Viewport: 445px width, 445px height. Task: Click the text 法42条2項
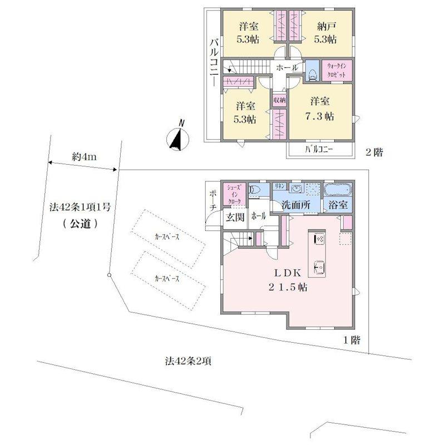coord(188,361)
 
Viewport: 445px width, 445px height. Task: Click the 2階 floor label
coord(374,151)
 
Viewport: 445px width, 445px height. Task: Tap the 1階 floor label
coord(349,339)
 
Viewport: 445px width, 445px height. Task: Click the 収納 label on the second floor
coord(279,100)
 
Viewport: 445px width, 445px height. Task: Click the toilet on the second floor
coord(313,71)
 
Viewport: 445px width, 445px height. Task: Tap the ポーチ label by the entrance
coord(212,200)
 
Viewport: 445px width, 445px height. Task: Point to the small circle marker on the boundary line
coord(109,275)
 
